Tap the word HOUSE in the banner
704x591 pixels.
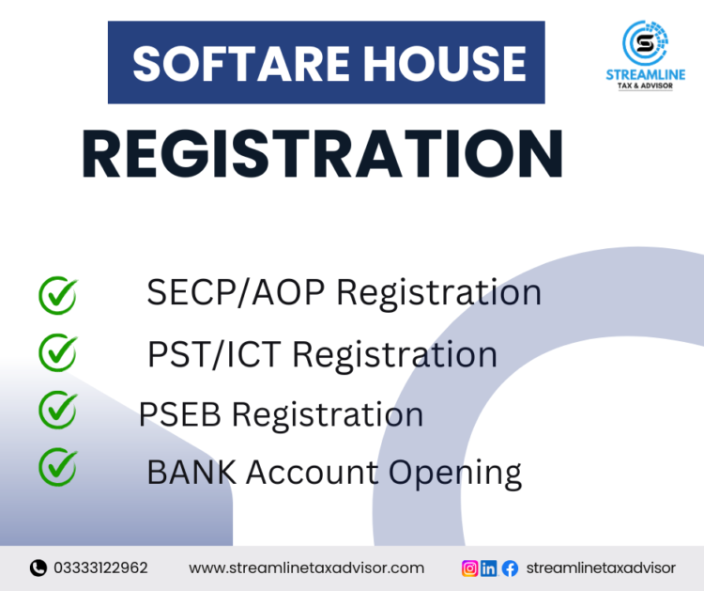[x=440, y=63]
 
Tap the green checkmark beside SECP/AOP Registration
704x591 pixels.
[x=57, y=294]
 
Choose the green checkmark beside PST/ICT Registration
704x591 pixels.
[x=57, y=352]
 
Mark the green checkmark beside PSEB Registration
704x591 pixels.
[x=57, y=410]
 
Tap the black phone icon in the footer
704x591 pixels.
[x=38, y=568]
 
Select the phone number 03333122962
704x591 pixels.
[x=100, y=568]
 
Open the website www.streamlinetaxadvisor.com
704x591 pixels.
[x=306, y=568]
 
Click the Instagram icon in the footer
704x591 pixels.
[x=469, y=568]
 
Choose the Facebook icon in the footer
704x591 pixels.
[x=510, y=568]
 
